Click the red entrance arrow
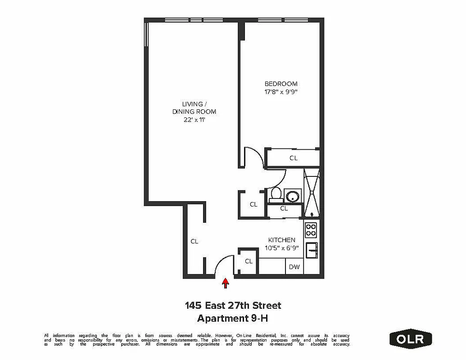click(x=226, y=283)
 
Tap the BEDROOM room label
click(x=281, y=84)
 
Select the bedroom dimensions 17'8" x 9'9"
click(x=281, y=92)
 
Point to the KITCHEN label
click(x=282, y=240)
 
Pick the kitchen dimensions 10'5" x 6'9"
click(x=282, y=248)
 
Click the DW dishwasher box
click(x=294, y=267)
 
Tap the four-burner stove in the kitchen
click(x=311, y=230)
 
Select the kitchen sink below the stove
click(x=312, y=250)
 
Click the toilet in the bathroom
click(x=276, y=194)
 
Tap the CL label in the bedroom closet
click(x=294, y=158)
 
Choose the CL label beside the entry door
click(x=249, y=261)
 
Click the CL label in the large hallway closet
click(x=194, y=241)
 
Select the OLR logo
click(x=410, y=338)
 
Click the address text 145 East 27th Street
click(x=233, y=306)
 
